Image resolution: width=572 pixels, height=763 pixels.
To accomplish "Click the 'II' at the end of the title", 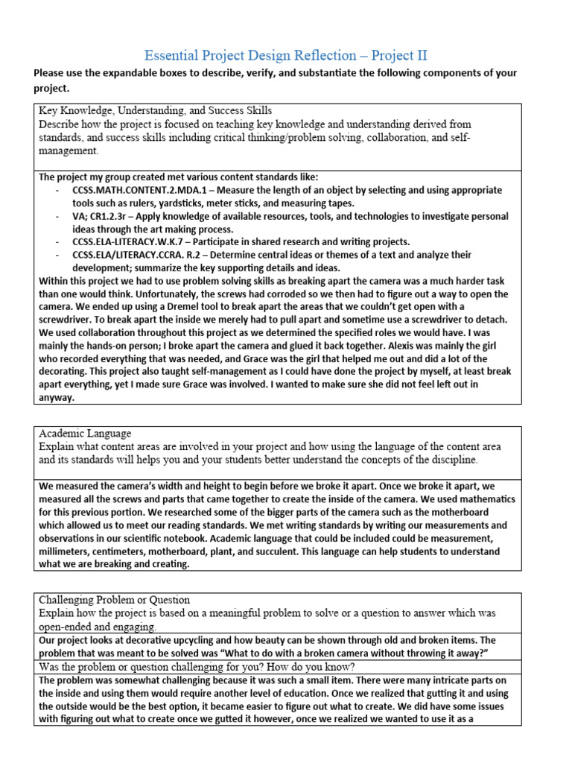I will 419,55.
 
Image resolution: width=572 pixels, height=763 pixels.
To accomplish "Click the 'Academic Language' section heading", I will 84,433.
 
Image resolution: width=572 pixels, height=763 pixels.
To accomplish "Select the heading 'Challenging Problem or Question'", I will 114,599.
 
